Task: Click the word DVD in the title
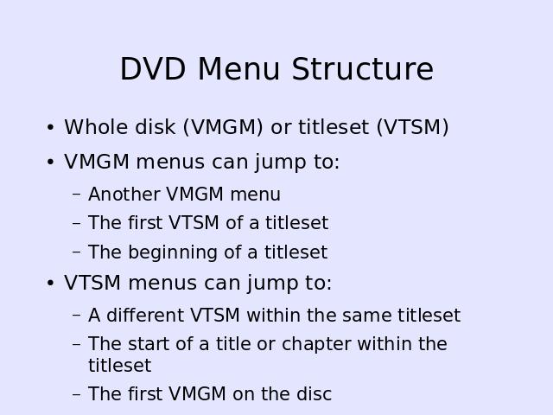(x=153, y=69)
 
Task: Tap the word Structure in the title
(x=363, y=69)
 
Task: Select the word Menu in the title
(x=238, y=69)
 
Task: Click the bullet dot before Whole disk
(x=50, y=127)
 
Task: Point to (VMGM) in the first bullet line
(x=223, y=127)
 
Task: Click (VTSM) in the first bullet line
(x=413, y=127)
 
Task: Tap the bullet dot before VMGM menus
(x=50, y=163)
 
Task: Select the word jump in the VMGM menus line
(x=281, y=163)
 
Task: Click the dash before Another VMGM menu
(x=76, y=195)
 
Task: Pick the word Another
(x=124, y=194)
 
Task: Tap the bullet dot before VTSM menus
(x=50, y=283)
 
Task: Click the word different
(x=145, y=315)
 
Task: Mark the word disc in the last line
(x=314, y=394)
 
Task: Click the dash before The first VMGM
(x=76, y=394)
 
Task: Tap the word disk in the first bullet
(x=156, y=127)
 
